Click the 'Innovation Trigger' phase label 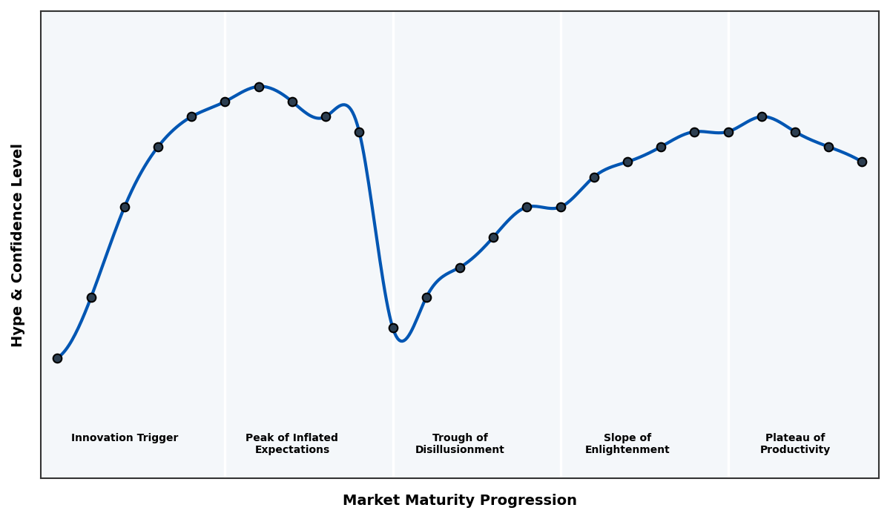pyautogui.click(x=125, y=438)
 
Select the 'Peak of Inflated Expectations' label pyautogui.click(x=291, y=443)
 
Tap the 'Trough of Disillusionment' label pyautogui.click(x=459, y=443)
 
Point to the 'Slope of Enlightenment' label pyautogui.click(x=627, y=443)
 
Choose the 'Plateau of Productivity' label pyautogui.click(x=794, y=443)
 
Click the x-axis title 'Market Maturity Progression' pyautogui.click(x=459, y=500)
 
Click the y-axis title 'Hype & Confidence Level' pyautogui.click(x=18, y=245)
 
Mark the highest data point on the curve pyautogui.click(x=259, y=87)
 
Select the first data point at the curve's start pyautogui.click(x=57, y=358)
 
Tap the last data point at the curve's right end pyautogui.click(x=862, y=162)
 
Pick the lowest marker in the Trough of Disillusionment pyautogui.click(x=393, y=328)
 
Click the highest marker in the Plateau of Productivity pyautogui.click(x=762, y=116)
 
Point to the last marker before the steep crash pyautogui.click(x=359, y=132)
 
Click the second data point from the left pyautogui.click(x=91, y=297)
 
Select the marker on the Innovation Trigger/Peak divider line pyautogui.click(x=225, y=102)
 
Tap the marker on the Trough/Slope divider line pyautogui.click(x=561, y=207)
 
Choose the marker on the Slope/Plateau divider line pyautogui.click(x=728, y=132)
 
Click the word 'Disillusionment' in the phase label pyautogui.click(x=459, y=450)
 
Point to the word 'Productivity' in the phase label pyautogui.click(x=794, y=450)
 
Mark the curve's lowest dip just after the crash pyautogui.click(x=402, y=341)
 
